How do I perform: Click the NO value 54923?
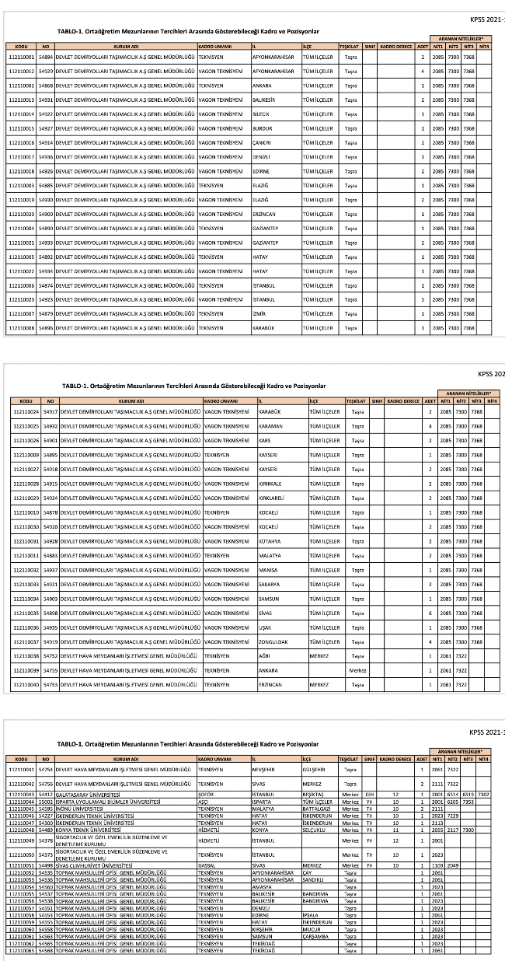point(45,299)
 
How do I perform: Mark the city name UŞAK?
point(265,627)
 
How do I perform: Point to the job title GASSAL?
point(206,865)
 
